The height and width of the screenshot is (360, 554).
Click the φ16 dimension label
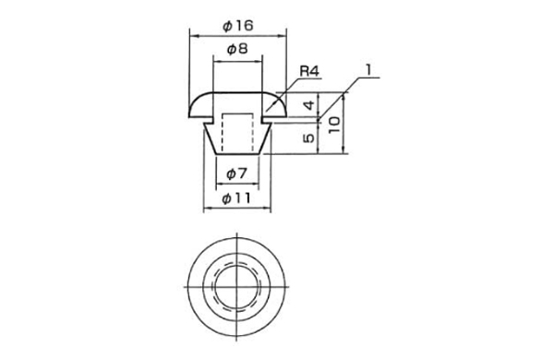click(238, 26)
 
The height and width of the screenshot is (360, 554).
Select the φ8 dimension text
click(237, 49)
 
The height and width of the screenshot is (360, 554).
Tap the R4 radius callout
click(309, 71)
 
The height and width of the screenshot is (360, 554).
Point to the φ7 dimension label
click(236, 174)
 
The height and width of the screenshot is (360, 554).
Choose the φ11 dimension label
click(236, 198)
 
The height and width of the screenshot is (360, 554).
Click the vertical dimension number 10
click(334, 125)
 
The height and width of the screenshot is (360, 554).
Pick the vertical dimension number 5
click(308, 138)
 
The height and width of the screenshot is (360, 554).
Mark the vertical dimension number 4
click(309, 105)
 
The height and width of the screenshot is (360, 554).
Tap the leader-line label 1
click(368, 70)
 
